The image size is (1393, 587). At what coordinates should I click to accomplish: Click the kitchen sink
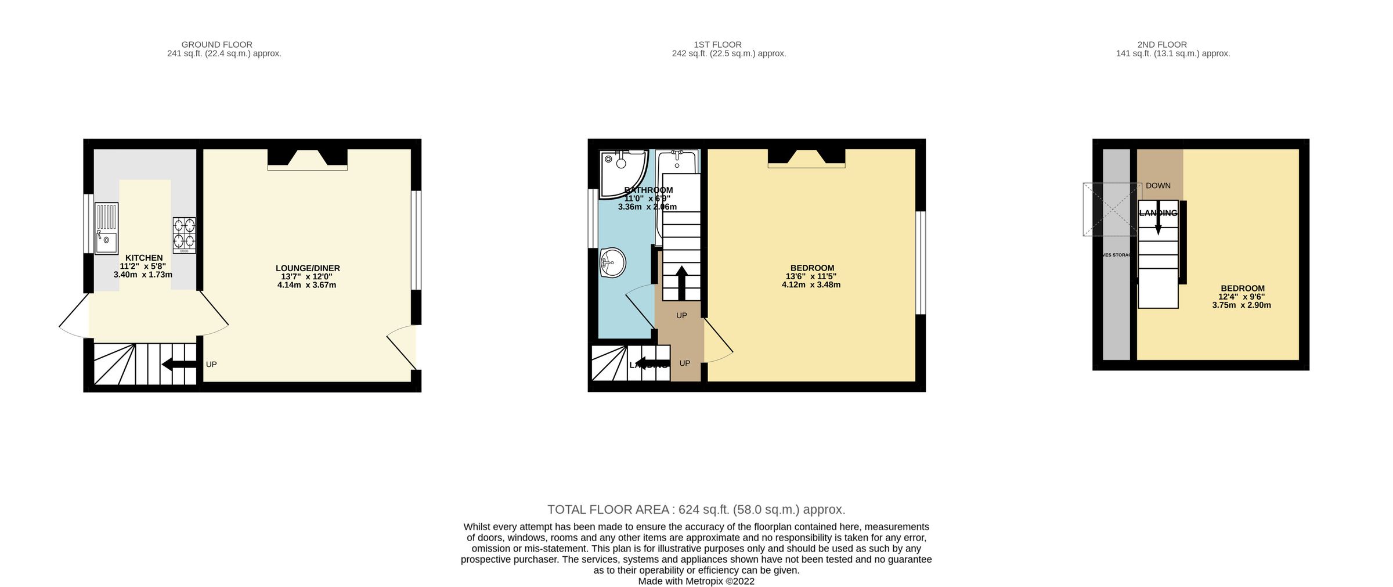[107, 228]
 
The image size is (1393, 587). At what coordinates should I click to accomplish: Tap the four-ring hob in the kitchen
[184, 235]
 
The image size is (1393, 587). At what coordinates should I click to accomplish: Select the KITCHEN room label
[144, 258]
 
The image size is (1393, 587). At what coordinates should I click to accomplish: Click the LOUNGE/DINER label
[308, 268]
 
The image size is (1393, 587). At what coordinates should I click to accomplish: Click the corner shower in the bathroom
[621, 172]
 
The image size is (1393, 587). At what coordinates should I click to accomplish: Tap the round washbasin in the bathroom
[612, 263]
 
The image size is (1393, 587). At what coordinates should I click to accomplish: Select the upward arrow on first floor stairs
[681, 283]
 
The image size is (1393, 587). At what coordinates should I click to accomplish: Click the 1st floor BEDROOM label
[812, 268]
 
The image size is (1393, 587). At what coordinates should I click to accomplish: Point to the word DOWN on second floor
[1158, 186]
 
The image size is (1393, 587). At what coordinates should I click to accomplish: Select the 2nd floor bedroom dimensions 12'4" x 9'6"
[1242, 297]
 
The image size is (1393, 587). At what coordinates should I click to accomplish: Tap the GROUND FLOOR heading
[216, 45]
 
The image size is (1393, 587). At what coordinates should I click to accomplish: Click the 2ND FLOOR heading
[1162, 45]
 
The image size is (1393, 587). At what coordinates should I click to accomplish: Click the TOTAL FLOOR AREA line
[696, 510]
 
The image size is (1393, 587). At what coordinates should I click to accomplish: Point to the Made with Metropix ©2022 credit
[696, 581]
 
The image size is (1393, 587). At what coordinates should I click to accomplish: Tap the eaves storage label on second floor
[1116, 255]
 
